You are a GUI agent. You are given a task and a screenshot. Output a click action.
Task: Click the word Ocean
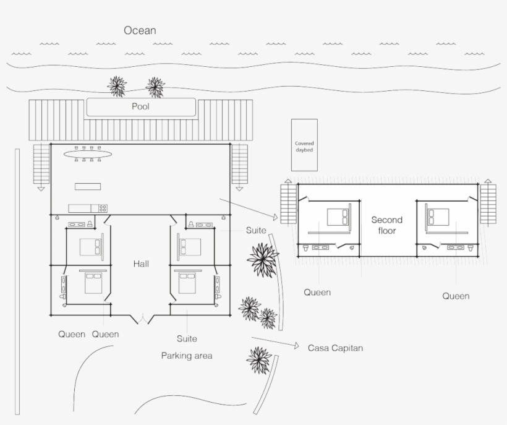pos(140,30)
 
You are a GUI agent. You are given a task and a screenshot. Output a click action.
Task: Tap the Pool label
pos(140,106)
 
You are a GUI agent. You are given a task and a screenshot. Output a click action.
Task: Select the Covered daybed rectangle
pos(304,145)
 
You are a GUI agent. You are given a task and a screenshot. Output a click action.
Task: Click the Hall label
pos(142,264)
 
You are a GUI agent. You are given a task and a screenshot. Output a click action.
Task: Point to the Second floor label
pos(387,225)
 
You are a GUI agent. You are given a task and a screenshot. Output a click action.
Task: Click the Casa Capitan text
pos(335,348)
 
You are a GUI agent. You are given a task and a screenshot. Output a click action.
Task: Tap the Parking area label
pos(187,356)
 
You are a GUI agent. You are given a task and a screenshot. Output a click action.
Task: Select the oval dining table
pos(88,154)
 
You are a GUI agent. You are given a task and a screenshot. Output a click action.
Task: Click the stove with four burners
pos(103,208)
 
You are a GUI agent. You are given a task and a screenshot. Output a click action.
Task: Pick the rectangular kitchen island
pos(88,186)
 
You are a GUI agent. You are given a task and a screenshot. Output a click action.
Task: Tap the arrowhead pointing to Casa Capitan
pos(297,346)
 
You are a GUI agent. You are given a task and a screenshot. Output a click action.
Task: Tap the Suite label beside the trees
pos(256,230)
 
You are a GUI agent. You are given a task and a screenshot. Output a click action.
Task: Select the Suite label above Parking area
pos(187,338)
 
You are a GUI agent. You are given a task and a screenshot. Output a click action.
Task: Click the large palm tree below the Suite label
pos(263,260)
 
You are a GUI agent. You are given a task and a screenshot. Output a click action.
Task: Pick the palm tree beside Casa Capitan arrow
pos(258,360)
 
